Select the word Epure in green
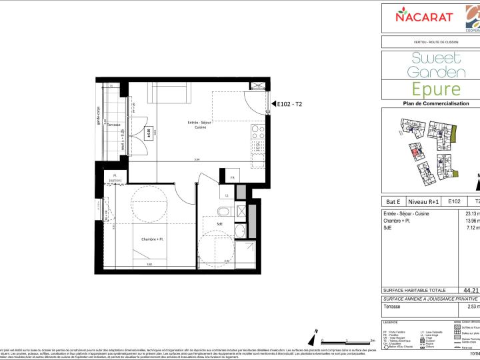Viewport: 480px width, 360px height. coord(436,89)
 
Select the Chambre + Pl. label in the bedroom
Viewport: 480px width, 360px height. coord(152,239)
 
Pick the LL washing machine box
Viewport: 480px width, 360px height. coord(227,195)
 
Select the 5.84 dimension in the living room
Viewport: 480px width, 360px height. coord(197,159)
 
